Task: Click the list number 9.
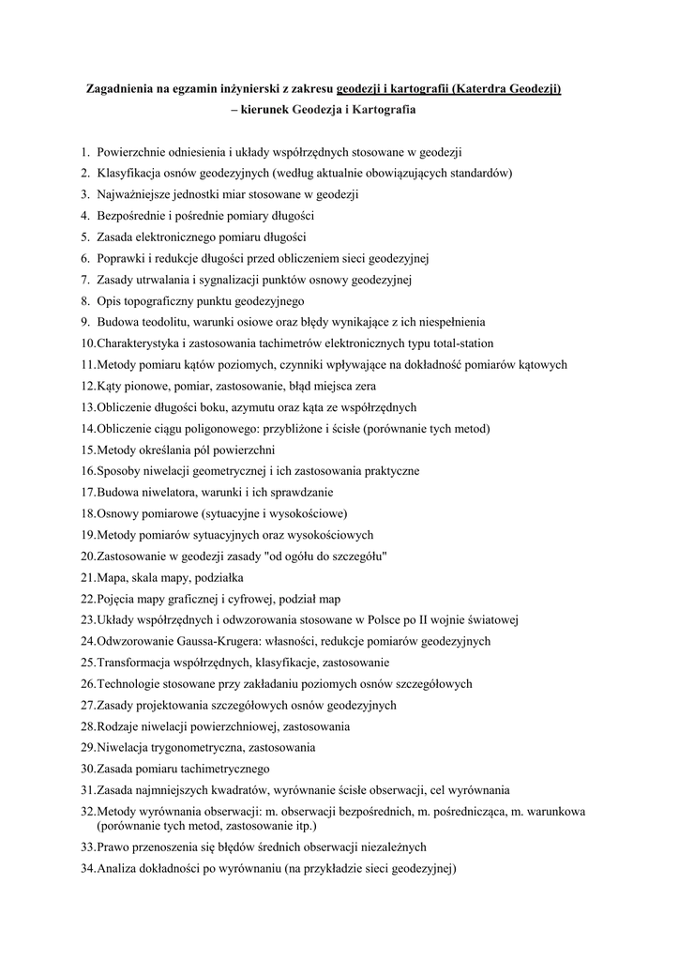[x=84, y=323]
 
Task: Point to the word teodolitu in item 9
[x=160, y=323]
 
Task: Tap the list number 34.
[x=88, y=868]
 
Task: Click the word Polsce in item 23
[x=384, y=619]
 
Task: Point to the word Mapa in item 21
[x=113, y=577]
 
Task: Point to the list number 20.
[x=88, y=556]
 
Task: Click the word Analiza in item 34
[x=118, y=868]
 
